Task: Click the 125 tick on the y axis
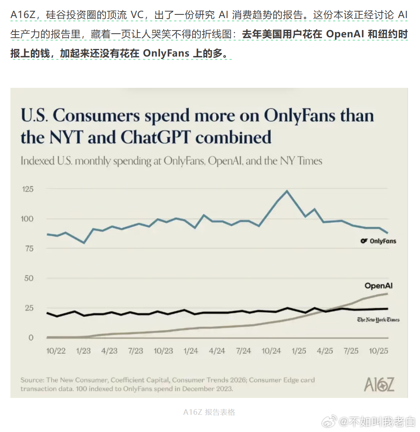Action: (28, 189)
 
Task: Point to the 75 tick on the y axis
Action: (29, 248)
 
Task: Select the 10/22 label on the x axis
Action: (56, 351)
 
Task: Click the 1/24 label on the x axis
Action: (191, 351)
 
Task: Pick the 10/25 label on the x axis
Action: (378, 351)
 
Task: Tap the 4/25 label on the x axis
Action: (325, 351)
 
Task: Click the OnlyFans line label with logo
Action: (378, 241)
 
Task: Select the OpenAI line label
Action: (378, 286)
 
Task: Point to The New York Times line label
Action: (378, 320)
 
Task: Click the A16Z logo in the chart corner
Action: (379, 384)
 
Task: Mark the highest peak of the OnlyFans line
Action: (287, 191)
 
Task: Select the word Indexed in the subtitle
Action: (37, 161)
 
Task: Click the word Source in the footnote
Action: (32, 380)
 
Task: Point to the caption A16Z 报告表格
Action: (209, 412)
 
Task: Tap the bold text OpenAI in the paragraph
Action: (345, 34)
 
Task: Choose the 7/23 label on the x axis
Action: (136, 351)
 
